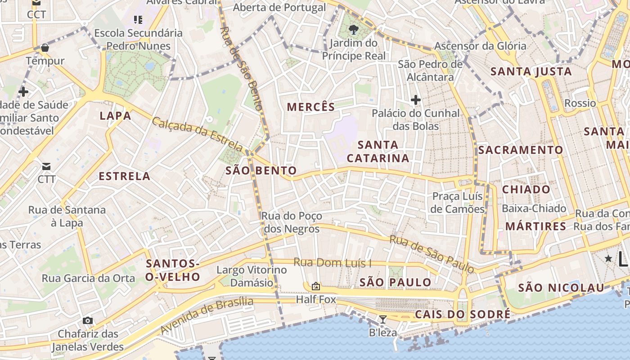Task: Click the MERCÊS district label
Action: click(311, 107)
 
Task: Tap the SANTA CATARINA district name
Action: click(378, 151)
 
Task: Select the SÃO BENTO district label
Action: click(261, 171)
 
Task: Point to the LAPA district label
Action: click(115, 116)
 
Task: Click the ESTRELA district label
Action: click(124, 176)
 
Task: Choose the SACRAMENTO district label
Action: click(520, 150)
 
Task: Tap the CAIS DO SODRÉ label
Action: click(463, 314)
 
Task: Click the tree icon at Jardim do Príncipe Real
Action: click(354, 30)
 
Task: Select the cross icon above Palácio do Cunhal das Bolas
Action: click(415, 99)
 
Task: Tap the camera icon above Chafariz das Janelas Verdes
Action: click(88, 320)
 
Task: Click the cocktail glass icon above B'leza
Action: click(382, 319)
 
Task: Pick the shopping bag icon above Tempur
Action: click(45, 48)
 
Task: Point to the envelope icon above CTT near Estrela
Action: click(46, 166)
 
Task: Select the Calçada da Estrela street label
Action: click(198, 134)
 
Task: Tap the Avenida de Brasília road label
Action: click(207, 315)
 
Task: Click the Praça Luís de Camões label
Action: click(457, 202)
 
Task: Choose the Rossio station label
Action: click(580, 103)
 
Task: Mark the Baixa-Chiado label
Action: click(534, 208)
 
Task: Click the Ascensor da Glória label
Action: click(480, 46)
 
